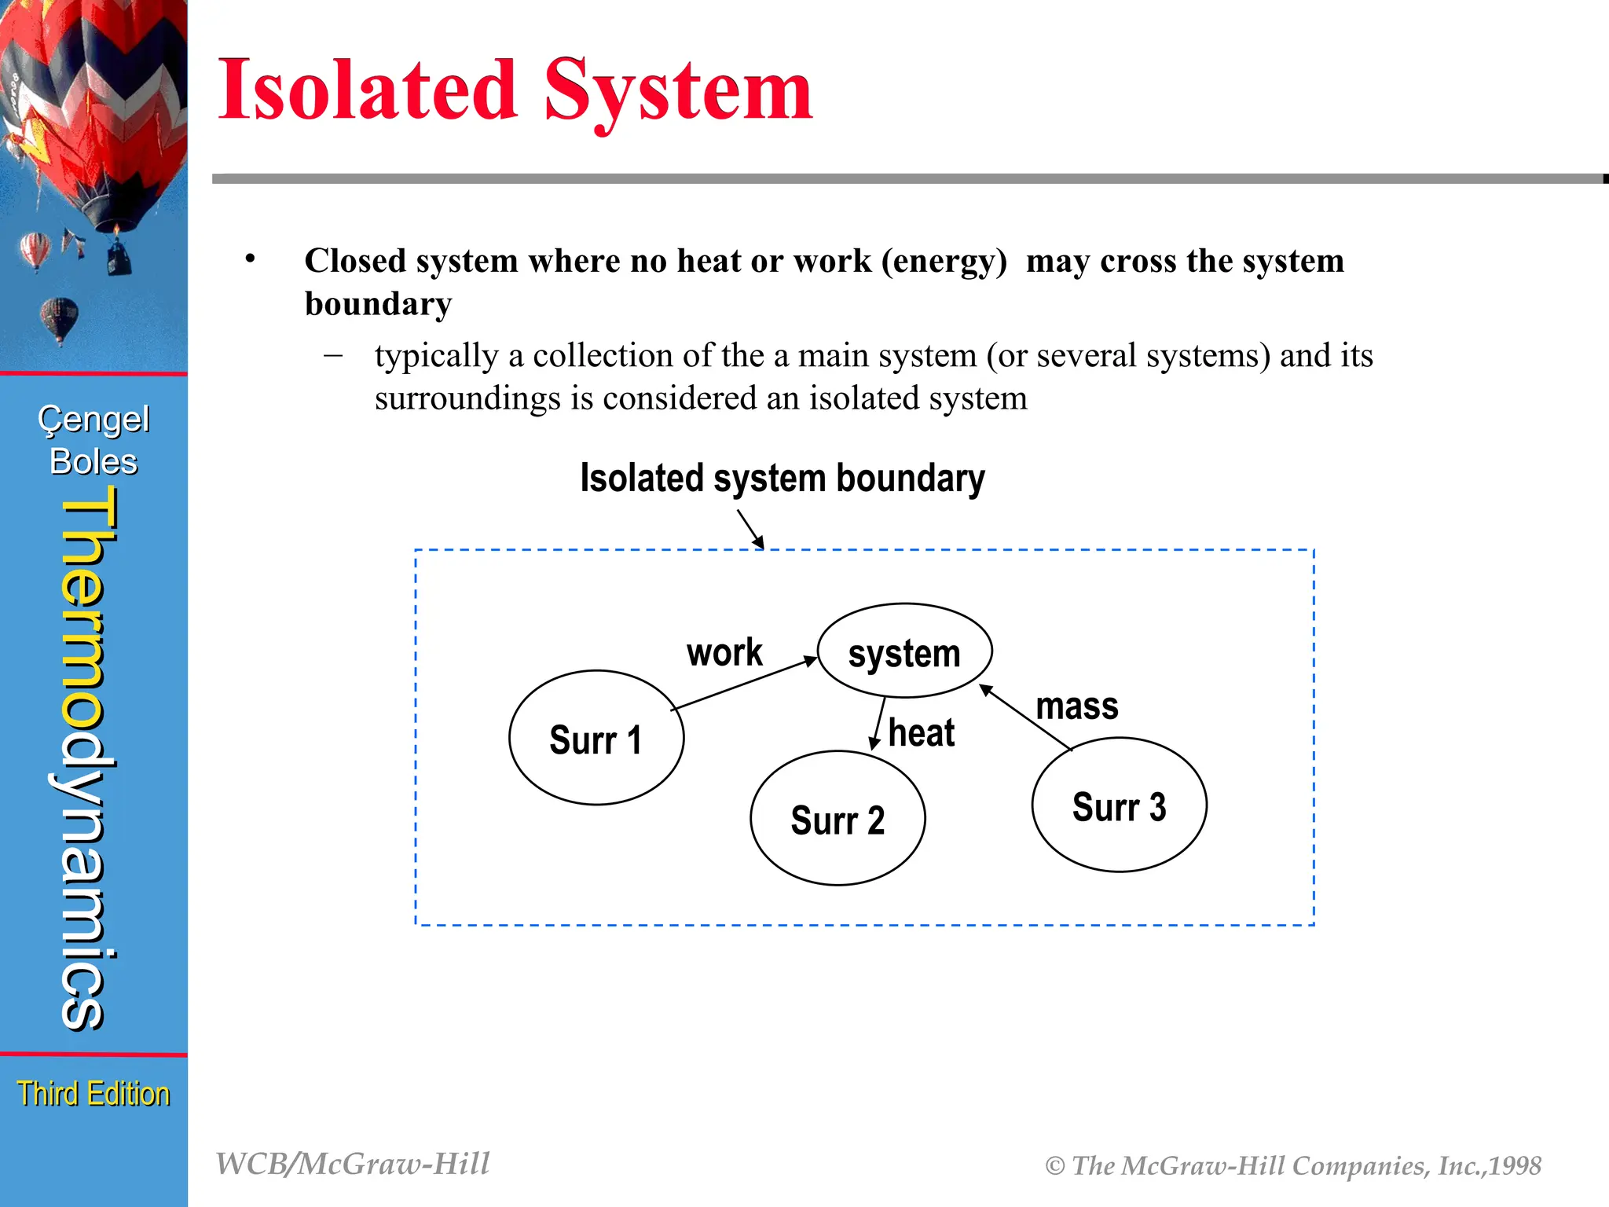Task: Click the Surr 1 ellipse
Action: (x=596, y=738)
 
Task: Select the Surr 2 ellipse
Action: (x=837, y=819)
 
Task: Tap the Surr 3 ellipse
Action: (x=1119, y=805)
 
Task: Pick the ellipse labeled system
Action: (x=904, y=651)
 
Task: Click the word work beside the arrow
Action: (x=724, y=652)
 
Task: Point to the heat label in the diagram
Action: (x=921, y=733)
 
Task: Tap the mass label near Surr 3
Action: (x=1076, y=706)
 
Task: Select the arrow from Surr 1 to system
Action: (x=744, y=684)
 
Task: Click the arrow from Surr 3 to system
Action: (x=1025, y=717)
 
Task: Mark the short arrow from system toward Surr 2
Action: (x=878, y=724)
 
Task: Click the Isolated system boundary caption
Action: (x=782, y=478)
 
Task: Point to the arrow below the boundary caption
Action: (x=750, y=529)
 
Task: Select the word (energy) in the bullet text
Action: (x=944, y=261)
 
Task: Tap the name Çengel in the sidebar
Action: (x=93, y=420)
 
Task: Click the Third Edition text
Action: (x=93, y=1093)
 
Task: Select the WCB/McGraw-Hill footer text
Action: (x=353, y=1164)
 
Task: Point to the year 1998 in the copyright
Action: (x=1515, y=1166)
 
